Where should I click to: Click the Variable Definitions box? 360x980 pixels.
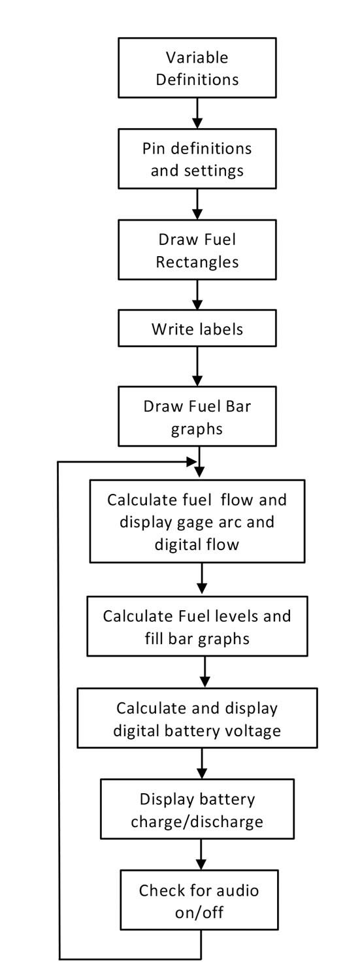[197, 68]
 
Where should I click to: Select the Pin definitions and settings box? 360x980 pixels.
[197, 159]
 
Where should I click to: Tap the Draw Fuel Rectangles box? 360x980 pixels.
[197, 250]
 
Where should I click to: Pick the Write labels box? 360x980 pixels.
[197, 328]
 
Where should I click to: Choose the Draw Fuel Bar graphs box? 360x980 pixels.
[197, 416]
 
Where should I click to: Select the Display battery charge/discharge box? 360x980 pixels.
[197, 809]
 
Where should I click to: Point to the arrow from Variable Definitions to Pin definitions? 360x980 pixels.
[197, 113]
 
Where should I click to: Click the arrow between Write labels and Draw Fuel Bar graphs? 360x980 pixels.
[197, 367]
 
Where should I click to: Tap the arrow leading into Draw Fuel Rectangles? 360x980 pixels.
[197, 204]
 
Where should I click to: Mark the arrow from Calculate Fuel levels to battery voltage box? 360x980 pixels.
[205, 672]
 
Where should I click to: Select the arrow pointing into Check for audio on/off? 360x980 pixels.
[201, 855]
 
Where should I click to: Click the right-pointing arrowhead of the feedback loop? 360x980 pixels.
[191, 461]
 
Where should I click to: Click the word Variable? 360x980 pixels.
[197, 57]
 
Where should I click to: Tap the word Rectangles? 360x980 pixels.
[197, 262]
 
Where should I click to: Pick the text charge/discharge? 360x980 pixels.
[197, 822]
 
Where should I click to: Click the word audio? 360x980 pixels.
[237, 890]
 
